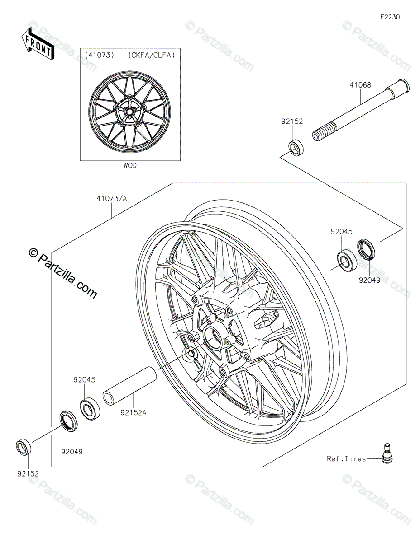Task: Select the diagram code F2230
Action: coord(390,18)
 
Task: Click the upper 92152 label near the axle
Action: coord(291,121)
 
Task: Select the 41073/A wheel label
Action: coord(112,197)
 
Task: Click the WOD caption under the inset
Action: coord(129,166)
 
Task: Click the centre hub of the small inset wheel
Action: coord(129,111)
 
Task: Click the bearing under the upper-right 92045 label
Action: coord(348,260)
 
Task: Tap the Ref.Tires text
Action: coord(346,459)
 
